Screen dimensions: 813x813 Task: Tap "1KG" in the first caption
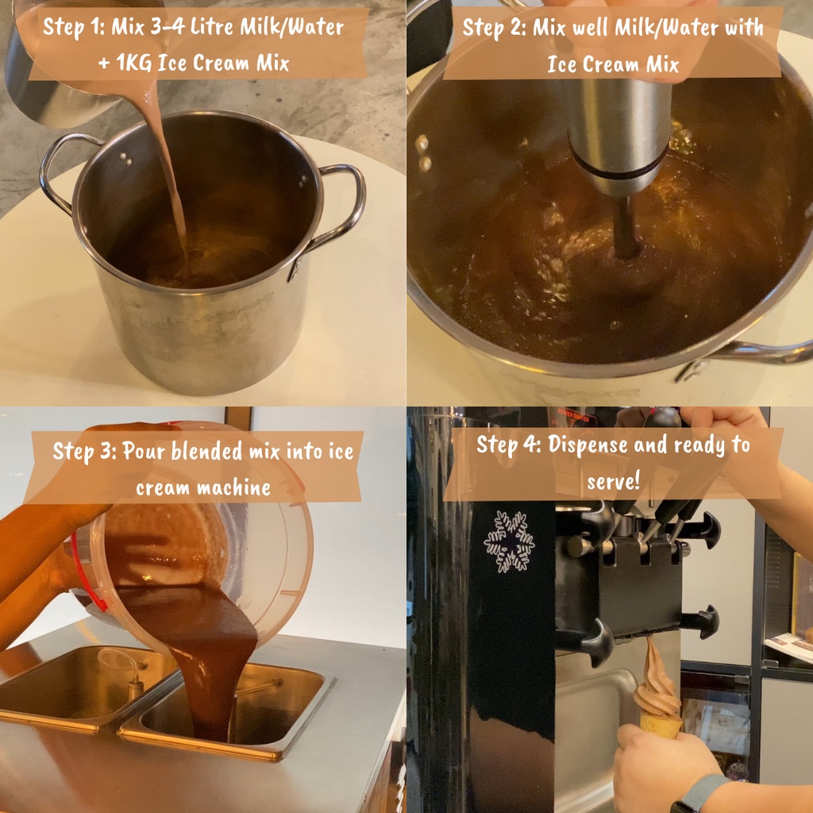[x=134, y=64]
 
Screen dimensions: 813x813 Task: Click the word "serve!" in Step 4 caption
[x=614, y=481]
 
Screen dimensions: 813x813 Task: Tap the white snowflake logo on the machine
[x=509, y=541]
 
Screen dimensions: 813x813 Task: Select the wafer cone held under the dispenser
[x=661, y=726]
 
